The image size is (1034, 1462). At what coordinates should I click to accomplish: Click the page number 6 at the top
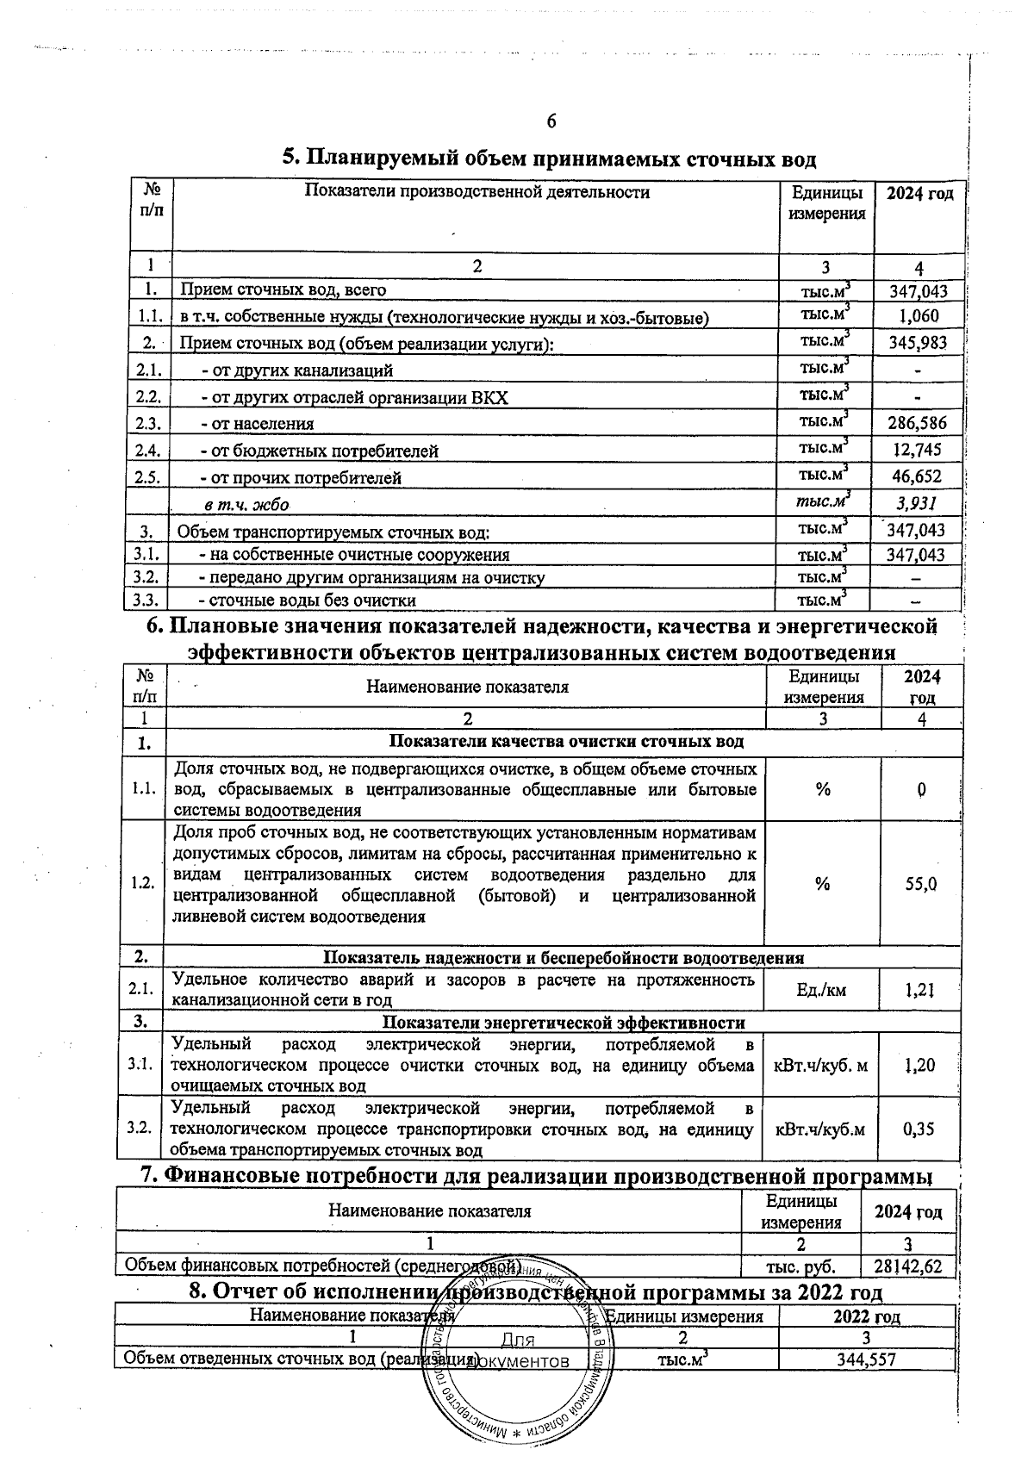tap(551, 121)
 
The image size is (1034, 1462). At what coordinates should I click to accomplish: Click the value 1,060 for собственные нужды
tap(919, 316)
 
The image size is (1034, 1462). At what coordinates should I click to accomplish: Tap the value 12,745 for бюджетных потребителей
tap(918, 449)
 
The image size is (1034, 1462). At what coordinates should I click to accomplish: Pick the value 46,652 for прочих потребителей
tap(918, 476)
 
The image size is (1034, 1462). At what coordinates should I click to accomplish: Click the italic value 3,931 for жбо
tap(918, 503)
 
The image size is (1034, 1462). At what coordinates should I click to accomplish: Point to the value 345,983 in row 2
tap(918, 343)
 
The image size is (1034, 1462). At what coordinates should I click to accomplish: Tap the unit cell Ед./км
tap(822, 990)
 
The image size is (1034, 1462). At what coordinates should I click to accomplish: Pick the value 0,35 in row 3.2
tap(919, 1129)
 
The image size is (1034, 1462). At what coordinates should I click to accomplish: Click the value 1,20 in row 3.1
tap(919, 1065)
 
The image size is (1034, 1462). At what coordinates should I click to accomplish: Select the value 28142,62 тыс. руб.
tap(907, 1266)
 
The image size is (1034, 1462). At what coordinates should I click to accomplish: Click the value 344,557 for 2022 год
tap(867, 1359)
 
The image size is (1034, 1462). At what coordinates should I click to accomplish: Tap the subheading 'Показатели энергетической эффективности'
tap(563, 1023)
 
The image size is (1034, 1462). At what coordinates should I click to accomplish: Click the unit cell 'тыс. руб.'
tap(800, 1266)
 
